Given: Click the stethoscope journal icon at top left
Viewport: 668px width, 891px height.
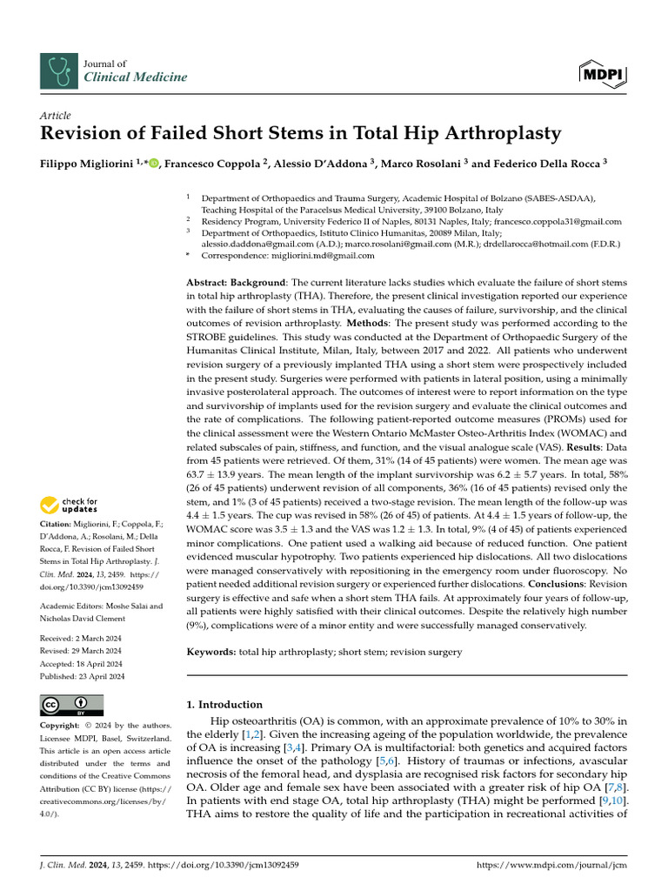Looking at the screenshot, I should point(60,70).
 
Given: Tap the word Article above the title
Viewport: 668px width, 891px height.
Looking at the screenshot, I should point(56,116).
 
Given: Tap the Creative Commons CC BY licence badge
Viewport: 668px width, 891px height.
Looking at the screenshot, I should point(72,705).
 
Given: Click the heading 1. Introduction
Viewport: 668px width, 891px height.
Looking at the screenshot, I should point(225,705).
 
